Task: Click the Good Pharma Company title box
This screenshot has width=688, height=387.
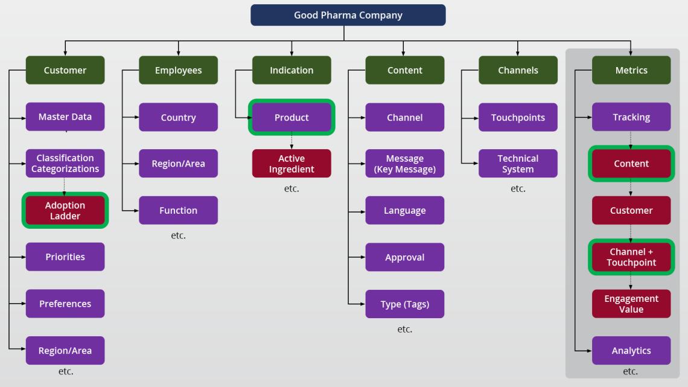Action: click(x=348, y=15)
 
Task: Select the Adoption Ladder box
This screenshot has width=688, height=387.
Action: click(x=65, y=210)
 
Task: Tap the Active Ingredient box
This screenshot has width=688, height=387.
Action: click(x=291, y=164)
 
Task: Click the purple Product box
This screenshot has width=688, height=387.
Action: click(x=291, y=118)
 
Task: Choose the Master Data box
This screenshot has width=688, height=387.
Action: click(x=65, y=117)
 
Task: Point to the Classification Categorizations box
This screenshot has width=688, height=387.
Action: click(x=65, y=164)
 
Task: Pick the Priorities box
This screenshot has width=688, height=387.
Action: click(x=65, y=257)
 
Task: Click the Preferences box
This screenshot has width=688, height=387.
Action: click(x=65, y=304)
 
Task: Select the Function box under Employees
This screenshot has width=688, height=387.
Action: click(x=178, y=210)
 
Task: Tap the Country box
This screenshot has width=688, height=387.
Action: click(x=178, y=117)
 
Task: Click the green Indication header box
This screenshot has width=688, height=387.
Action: click(x=291, y=70)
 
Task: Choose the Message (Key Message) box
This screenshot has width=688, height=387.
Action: click(x=404, y=164)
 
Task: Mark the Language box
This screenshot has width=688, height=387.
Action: click(x=404, y=210)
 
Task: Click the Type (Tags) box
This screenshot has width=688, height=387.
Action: click(x=404, y=304)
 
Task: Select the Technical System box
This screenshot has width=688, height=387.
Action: click(x=518, y=164)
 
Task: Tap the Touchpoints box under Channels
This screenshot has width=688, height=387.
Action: click(x=518, y=117)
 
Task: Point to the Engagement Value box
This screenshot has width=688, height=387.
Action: click(x=631, y=304)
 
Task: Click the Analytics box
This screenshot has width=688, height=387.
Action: click(x=631, y=350)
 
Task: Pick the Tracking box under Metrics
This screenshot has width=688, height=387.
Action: click(x=631, y=117)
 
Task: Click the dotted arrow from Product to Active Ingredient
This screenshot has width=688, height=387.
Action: click(x=291, y=141)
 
